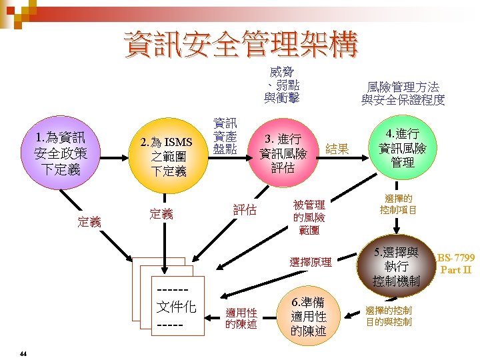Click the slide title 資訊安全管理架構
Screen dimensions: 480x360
(x=241, y=45)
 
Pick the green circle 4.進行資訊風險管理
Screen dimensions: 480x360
(x=403, y=147)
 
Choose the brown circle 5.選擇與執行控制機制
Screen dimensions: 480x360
(x=397, y=267)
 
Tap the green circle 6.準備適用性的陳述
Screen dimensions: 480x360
(x=309, y=316)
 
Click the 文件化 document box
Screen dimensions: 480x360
(x=175, y=307)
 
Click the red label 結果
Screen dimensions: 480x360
(x=337, y=149)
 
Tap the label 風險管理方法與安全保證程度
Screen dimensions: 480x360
(x=403, y=93)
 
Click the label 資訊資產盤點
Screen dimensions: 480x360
(x=225, y=135)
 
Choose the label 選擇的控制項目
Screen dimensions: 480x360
(x=399, y=204)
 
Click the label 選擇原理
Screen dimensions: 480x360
(x=311, y=262)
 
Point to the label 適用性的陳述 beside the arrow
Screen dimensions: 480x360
(x=241, y=318)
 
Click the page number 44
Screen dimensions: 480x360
(x=23, y=353)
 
